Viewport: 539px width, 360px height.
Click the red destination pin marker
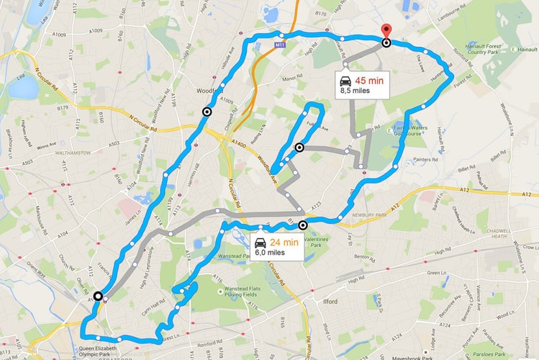coord(386,32)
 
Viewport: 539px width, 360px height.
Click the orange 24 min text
coord(284,242)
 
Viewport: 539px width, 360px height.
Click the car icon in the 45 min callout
coord(346,80)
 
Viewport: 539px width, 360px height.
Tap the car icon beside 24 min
coord(261,243)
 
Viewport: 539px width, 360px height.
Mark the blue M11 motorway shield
coord(280,45)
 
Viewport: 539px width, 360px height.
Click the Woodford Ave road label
coord(268,165)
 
